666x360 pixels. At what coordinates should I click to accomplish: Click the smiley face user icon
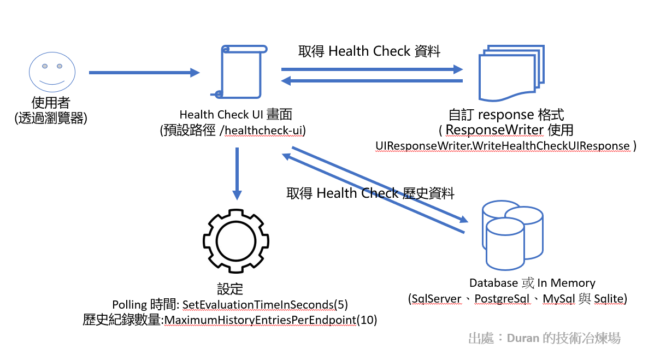(x=51, y=72)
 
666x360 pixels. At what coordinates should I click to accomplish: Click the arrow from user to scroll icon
(x=144, y=72)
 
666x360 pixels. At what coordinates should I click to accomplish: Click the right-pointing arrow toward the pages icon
(x=372, y=69)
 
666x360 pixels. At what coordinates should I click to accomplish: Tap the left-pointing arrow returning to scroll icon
(x=372, y=81)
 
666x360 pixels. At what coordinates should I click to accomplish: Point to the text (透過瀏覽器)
(x=51, y=117)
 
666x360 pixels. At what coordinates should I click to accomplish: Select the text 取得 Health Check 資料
(x=369, y=51)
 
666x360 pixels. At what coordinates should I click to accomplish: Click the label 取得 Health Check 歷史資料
(x=370, y=193)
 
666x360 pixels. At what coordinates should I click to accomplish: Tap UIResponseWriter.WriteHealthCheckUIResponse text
(x=503, y=146)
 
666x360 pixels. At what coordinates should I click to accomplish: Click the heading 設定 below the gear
(x=230, y=288)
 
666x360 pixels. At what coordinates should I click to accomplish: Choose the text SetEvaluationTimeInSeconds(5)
(x=265, y=304)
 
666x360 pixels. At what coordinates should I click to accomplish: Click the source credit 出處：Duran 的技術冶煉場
(x=544, y=338)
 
